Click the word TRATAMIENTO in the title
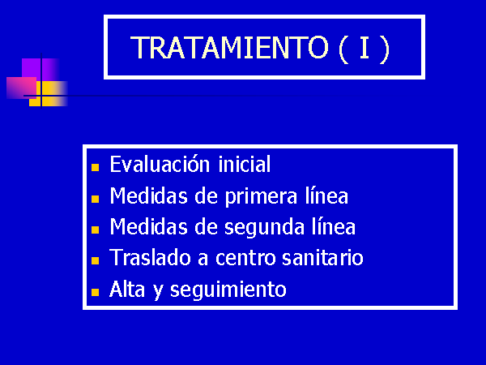click(229, 48)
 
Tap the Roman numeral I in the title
click(364, 48)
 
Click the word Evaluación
click(160, 164)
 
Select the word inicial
click(245, 164)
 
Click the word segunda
click(264, 227)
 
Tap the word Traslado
click(150, 257)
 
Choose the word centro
click(245, 258)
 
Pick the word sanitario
click(322, 258)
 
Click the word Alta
click(127, 289)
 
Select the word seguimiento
click(228, 290)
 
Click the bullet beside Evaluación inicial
click(95, 168)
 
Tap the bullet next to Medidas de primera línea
click(95, 199)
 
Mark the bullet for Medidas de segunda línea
click(95, 230)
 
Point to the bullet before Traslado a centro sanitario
click(95, 260)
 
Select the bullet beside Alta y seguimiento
click(95, 292)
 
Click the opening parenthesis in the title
click(343, 49)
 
